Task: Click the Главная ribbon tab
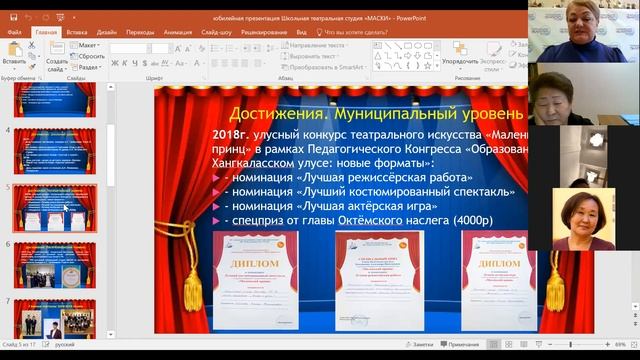(x=46, y=32)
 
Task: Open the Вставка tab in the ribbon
(x=77, y=32)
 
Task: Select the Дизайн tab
(x=108, y=32)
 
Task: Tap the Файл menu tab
(x=14, y=32)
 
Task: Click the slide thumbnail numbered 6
(x=55, y=264)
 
